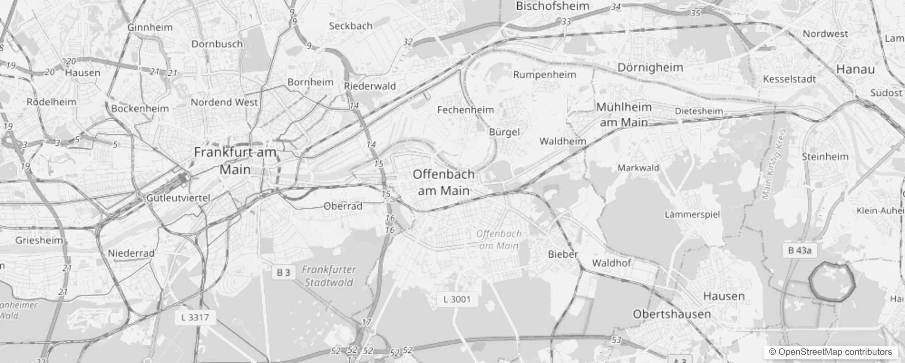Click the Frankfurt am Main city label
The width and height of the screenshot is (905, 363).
(235, 161)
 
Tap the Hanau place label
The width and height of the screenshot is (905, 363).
(855, 69)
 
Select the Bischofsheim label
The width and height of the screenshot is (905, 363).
(552, 6)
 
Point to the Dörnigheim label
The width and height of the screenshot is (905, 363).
(650, 68)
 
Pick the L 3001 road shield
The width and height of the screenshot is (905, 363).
(457, 299)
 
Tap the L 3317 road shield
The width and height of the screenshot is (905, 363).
(195, 317)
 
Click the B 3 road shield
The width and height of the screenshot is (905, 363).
(283, 272)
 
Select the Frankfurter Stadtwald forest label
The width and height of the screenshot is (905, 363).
(329, 276)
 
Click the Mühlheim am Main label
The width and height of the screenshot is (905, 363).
(624, 114)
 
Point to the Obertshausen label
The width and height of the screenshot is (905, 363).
(671, 314)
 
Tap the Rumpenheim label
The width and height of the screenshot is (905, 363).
(545, 75)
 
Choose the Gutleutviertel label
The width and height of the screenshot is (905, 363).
(178, 198)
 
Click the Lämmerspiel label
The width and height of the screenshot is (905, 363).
(692, 214)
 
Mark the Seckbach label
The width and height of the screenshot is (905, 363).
(350, 26)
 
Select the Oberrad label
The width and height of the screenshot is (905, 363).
(343, 206)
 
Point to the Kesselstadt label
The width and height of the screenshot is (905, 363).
(789, 79)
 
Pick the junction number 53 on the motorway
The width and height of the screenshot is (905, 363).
(616, 340)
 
